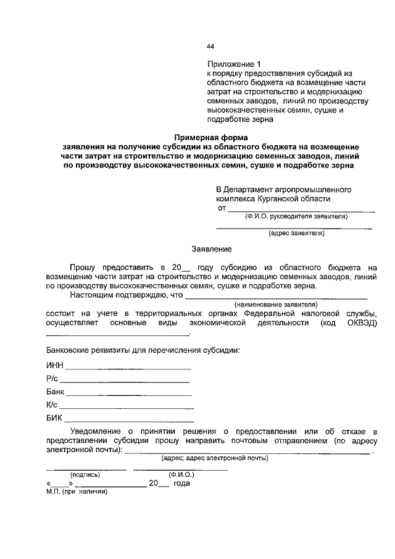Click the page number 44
(210, 47)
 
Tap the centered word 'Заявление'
(211, 249)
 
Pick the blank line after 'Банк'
(129, 395)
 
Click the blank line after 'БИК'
(127, 421)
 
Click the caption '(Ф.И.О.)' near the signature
(181, 475)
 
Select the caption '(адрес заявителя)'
(296, 233)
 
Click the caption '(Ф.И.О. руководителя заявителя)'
(296, 216)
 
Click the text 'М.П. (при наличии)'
(77, 492)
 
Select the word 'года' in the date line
(181, 484)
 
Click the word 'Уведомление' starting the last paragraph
(96, 431)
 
